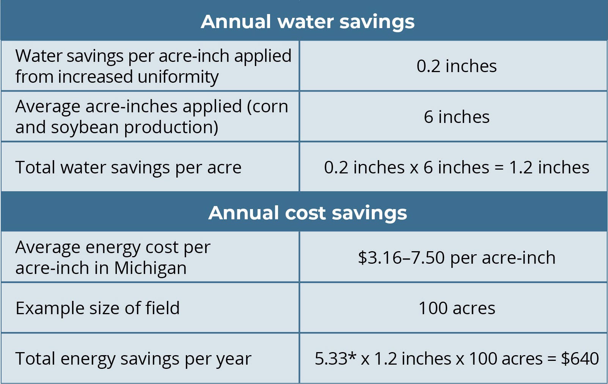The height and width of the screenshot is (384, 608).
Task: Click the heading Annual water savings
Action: [x=308, y=22]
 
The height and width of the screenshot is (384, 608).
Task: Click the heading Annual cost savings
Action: [x=308, y=213]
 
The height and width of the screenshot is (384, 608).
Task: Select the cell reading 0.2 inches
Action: [x=456, y=66]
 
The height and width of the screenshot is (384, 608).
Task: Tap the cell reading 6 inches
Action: [x=456, y=117]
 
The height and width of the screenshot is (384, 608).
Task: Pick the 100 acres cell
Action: [x=456, y=308]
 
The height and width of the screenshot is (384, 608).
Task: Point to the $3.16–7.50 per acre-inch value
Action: [x=456, y=258]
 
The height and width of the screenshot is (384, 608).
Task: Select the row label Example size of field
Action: [x=97, y=308]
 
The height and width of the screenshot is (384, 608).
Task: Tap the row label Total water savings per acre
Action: [x=128, y=167]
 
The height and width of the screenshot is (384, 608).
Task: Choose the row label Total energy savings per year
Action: [x=133, y=359]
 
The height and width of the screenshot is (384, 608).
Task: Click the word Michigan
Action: [x=150, y=268]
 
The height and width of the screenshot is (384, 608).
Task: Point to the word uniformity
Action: [x=178, y=77]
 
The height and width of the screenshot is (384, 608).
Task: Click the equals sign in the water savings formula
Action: [x=499, y=168]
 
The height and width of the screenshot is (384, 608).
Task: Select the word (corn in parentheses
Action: [x=267, y=106]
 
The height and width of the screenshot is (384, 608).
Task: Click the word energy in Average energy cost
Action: [x=113, y=248]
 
